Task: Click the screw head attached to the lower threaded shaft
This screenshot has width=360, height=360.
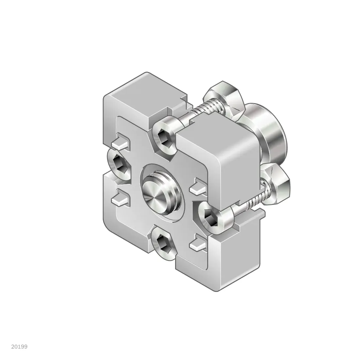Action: click(216, 218)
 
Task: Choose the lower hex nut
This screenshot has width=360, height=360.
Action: click(276, 184)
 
